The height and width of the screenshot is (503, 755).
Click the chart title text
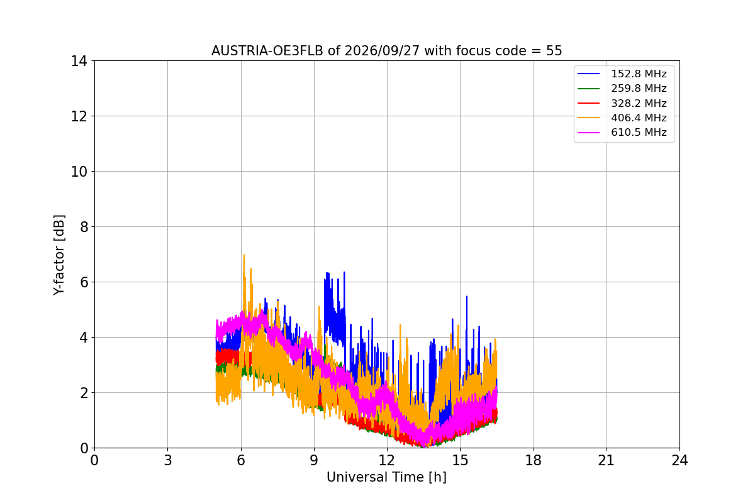click(386, 51)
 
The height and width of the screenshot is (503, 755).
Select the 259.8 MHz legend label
click(639, 88)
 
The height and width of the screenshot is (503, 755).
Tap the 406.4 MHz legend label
click(639, 118)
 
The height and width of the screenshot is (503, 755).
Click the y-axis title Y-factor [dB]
click(59, 255)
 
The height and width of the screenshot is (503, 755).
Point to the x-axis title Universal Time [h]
click(386, 477)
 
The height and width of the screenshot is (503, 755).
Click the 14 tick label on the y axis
click(79, 62)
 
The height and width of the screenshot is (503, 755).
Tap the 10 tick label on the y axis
click(79, 172)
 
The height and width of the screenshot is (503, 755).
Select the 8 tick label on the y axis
click(84, 227)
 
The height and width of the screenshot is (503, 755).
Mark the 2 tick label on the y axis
click(84, 393)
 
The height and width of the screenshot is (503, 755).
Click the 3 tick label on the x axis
click(168, 460)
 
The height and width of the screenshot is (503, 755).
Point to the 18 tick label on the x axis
click(534, 460)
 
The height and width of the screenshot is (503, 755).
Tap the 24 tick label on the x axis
click(679, 460)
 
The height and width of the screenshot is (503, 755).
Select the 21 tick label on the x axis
click(607, 460)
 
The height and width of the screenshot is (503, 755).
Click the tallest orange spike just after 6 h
click(244, 255)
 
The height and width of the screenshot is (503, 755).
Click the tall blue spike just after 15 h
click(467, 297)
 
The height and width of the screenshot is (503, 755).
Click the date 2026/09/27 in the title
click(383, 51)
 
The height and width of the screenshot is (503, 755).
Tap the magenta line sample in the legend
click(588, 133)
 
